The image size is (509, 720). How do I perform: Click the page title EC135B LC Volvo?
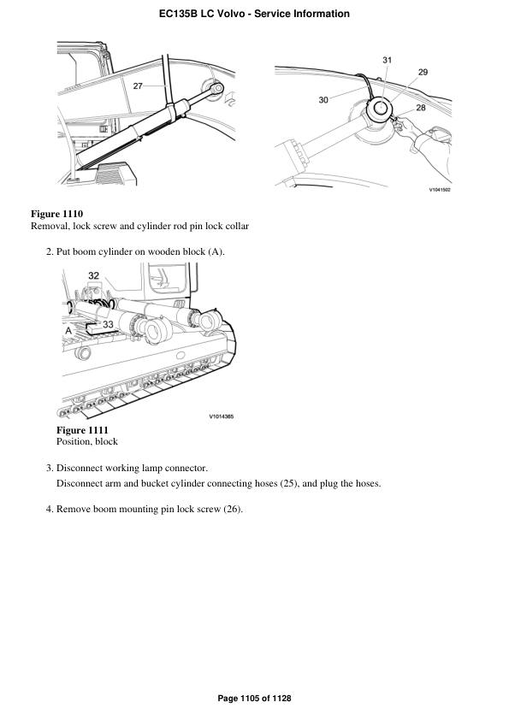(x=254, y=14)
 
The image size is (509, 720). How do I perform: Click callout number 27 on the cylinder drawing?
(x=139, y=86)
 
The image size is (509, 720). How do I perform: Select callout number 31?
(x=387, y=60)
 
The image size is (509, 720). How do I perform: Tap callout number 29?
(x=423, y=72)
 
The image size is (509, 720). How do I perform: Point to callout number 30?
(x=323, y=100)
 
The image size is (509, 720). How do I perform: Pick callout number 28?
(x=420, y=108)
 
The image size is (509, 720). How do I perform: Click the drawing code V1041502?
(x=439, y=190)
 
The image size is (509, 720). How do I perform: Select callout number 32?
(x=94, y=275)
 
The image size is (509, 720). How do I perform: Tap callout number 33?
(x=109, y=324)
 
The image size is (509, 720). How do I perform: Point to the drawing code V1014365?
(x=221, y=416)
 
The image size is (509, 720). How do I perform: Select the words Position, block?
(x=86, y=442)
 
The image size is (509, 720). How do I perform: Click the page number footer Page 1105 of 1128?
(x=254, y=699)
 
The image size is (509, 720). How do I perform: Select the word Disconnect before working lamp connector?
(x=82, y=468)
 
